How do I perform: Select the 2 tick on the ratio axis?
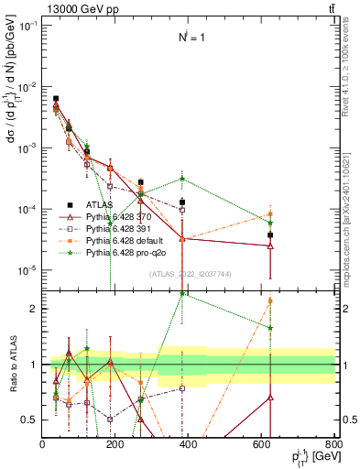[33, 309]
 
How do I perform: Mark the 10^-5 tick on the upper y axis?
[27, 270]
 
